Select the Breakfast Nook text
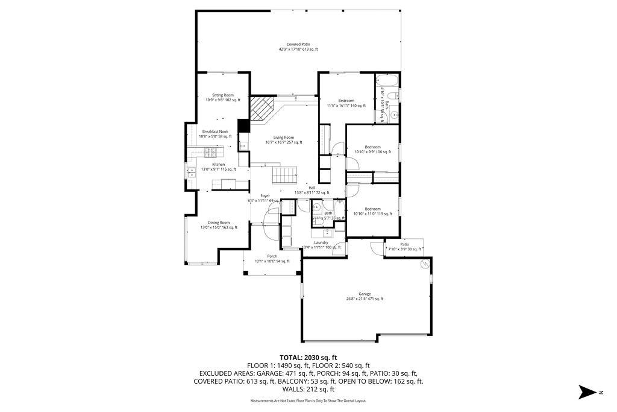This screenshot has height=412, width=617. coord(215,131)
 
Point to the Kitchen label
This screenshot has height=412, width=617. coord(218,164)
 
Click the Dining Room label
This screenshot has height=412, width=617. coord(219,223)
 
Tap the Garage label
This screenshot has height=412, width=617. coord(365,294)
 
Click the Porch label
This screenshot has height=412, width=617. coord(272,256)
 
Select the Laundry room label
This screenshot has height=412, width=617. coord(321,242)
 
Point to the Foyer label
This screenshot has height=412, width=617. coord(265,195)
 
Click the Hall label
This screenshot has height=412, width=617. coord(312,188)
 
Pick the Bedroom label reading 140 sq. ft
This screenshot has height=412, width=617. coord(346,101)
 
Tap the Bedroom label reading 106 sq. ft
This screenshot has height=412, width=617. coord(372,147)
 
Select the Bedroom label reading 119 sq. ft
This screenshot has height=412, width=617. coord(372,209)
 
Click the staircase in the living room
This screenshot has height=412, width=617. coord(286,176)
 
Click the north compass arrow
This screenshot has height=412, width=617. coord(587,392)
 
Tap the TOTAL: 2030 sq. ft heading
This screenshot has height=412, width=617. coord(308,358)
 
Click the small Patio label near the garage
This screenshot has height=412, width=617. coord(404,244)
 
